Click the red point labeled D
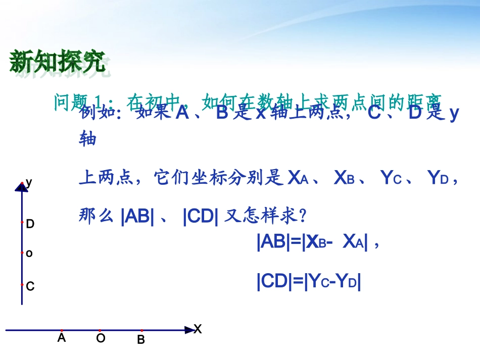pyautogui.click(x=22, y=222)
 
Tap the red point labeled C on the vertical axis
pyautogui.click(x=22, y=284)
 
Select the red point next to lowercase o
pyautogui.click(x=22, y=252)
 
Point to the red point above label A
pyautogui.click(x=62, y=330)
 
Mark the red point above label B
pyautogui.click(x=141, y=330)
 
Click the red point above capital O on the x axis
pyautogui.click(x=100, y=330)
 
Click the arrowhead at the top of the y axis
pyautogui.click(x=22, y=187)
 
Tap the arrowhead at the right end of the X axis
pyautogui.click(x=189, y=330)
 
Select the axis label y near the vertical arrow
pyautogui.click(x=29, y=182)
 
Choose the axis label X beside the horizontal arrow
pyautogui.click(x=198, y=330)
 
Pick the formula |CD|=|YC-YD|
pyautogui.click(x=309, y=281)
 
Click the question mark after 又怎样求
pyautogui.click(x=303, y=217)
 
